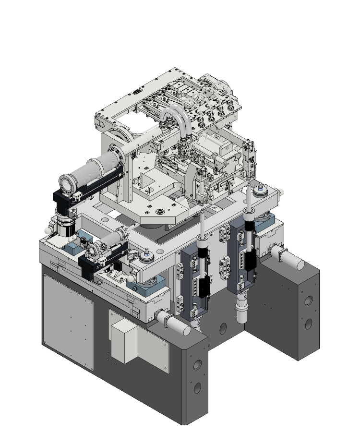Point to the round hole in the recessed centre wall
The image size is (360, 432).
223,329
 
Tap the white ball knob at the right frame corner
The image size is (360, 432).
281,192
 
